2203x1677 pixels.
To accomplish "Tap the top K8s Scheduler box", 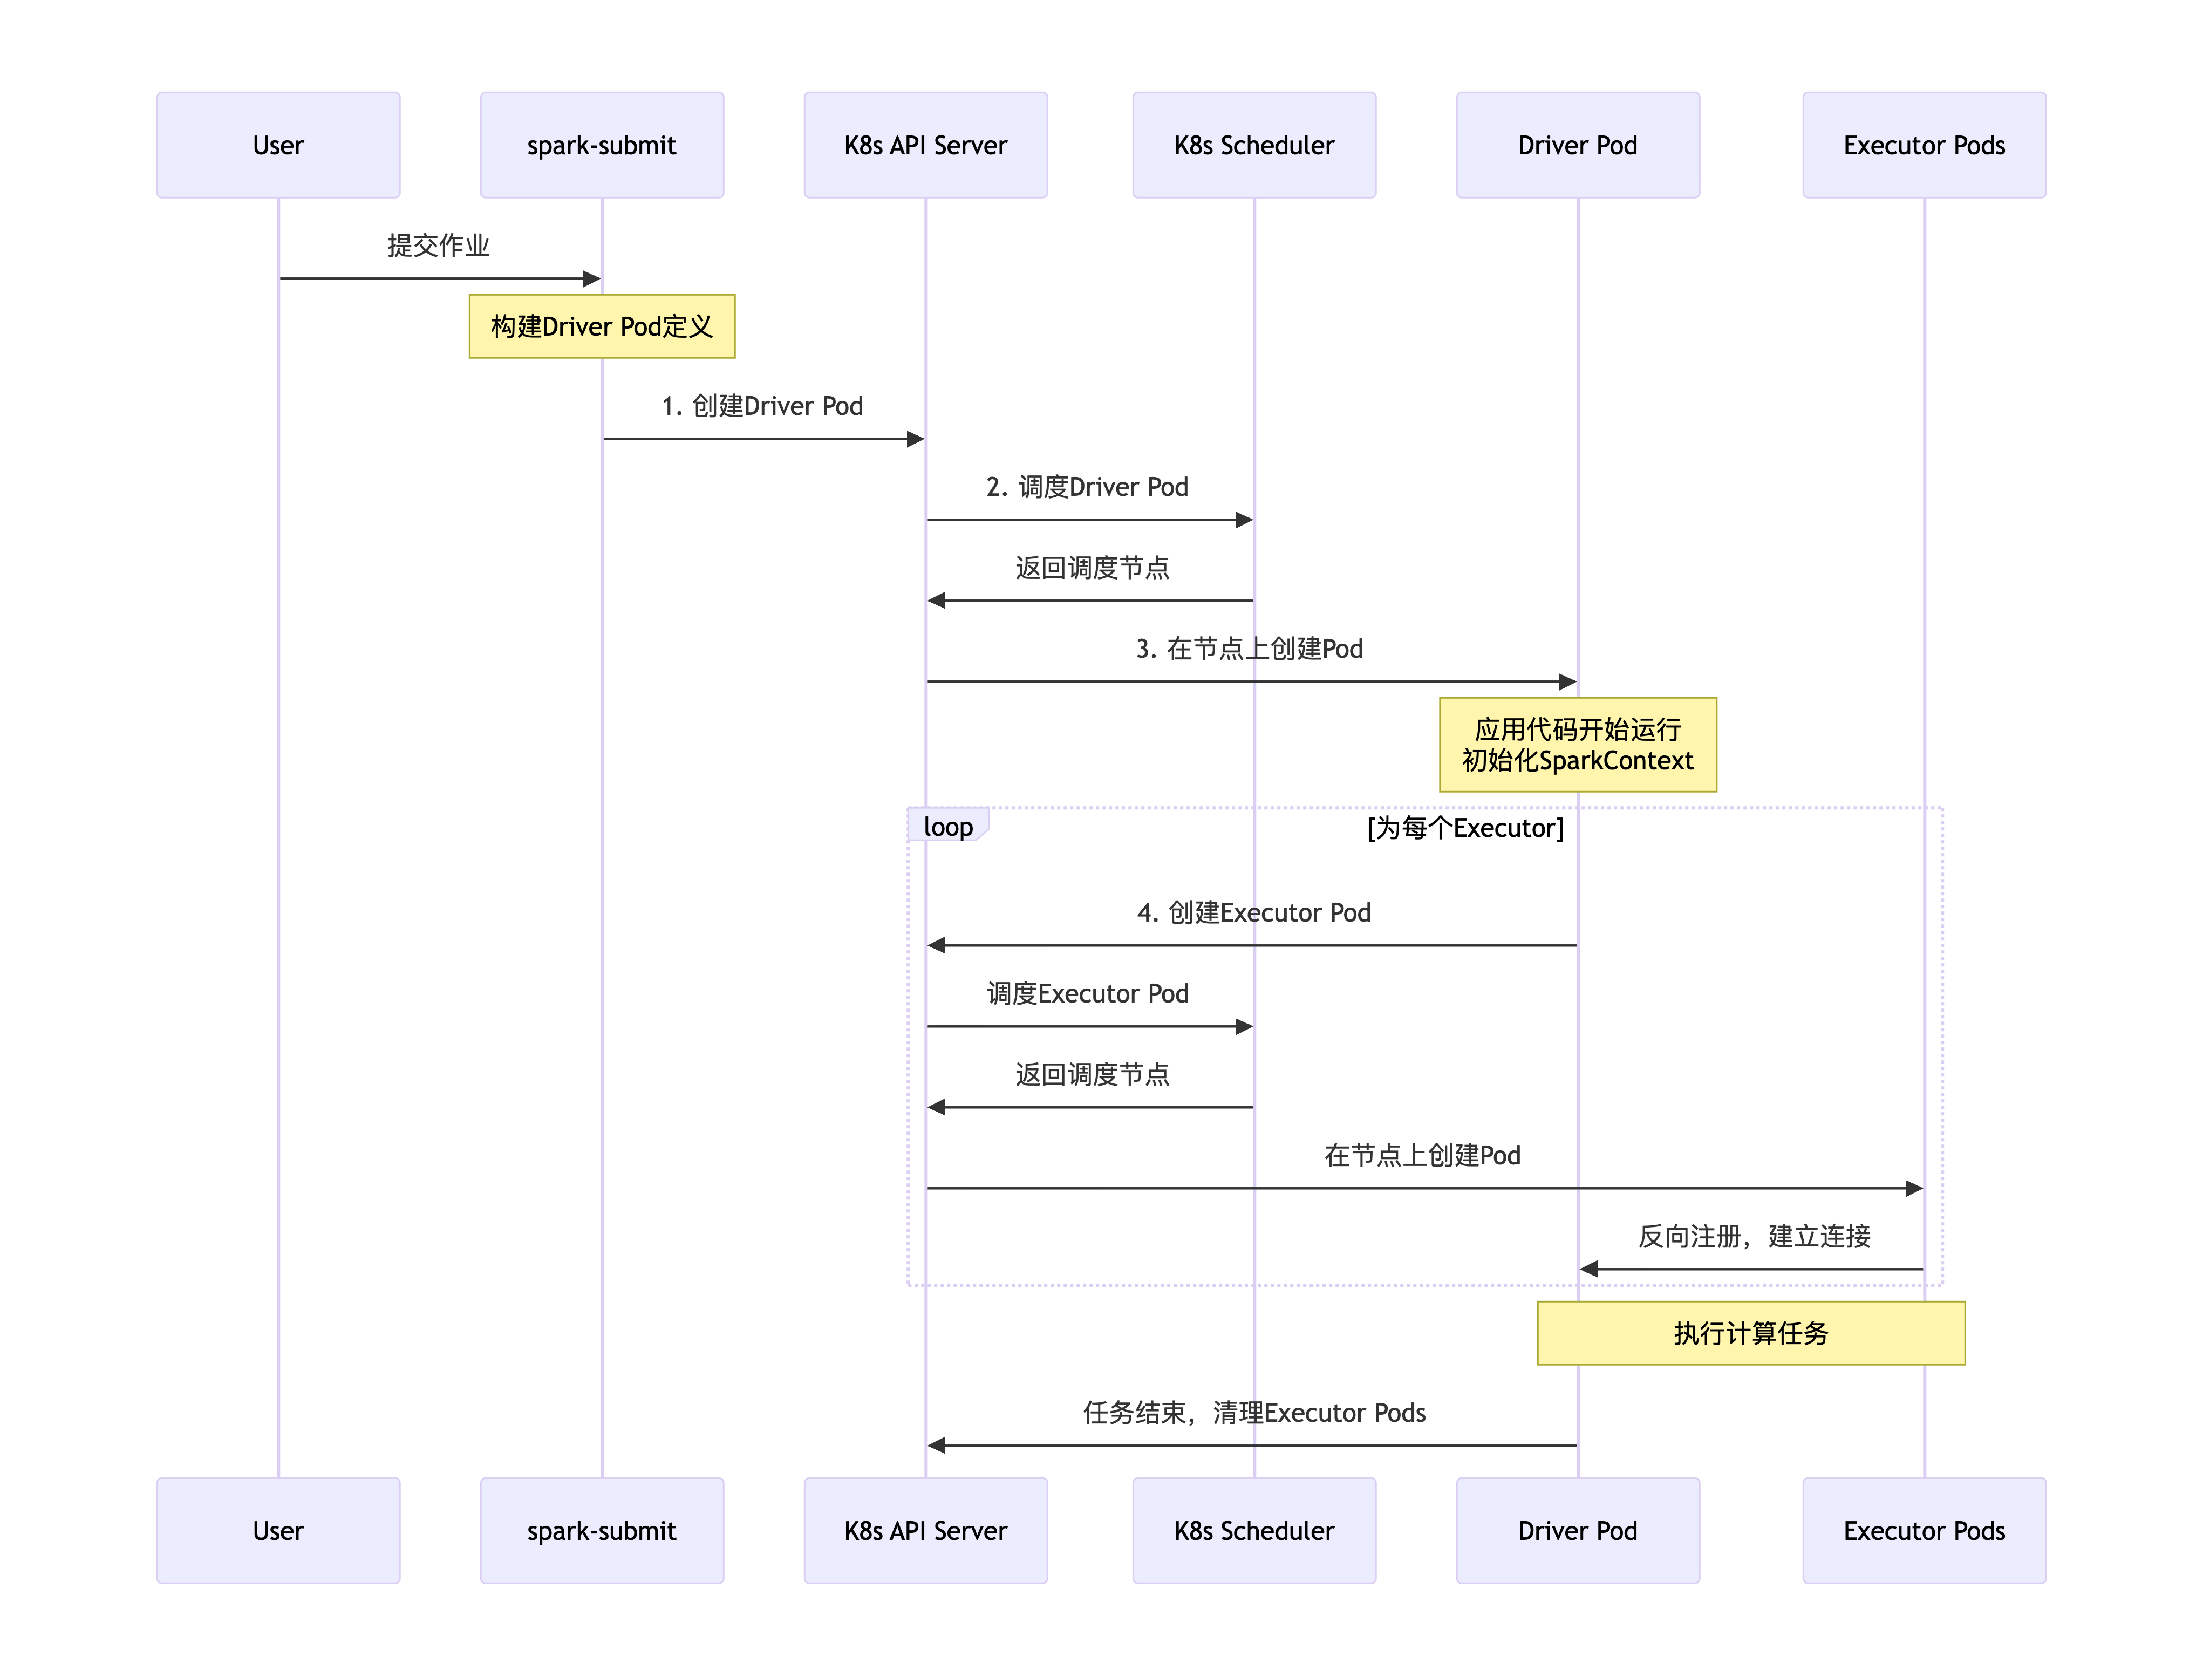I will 1254,145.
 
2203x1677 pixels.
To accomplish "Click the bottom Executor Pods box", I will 1924,1530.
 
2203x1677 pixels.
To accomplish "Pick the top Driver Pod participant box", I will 1577,145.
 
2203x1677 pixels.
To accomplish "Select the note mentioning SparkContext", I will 1577,745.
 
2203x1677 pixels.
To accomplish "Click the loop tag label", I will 947,827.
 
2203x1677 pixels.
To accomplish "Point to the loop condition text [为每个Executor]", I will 1464,828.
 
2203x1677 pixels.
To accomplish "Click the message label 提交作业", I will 438,246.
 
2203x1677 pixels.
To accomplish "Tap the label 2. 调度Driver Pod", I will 1087,487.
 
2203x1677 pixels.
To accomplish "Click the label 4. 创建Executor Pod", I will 1254,912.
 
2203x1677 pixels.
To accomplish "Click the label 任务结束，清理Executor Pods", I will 1254,1413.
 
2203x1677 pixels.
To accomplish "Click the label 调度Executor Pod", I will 1087,993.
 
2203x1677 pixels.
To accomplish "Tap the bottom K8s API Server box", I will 925,1530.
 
